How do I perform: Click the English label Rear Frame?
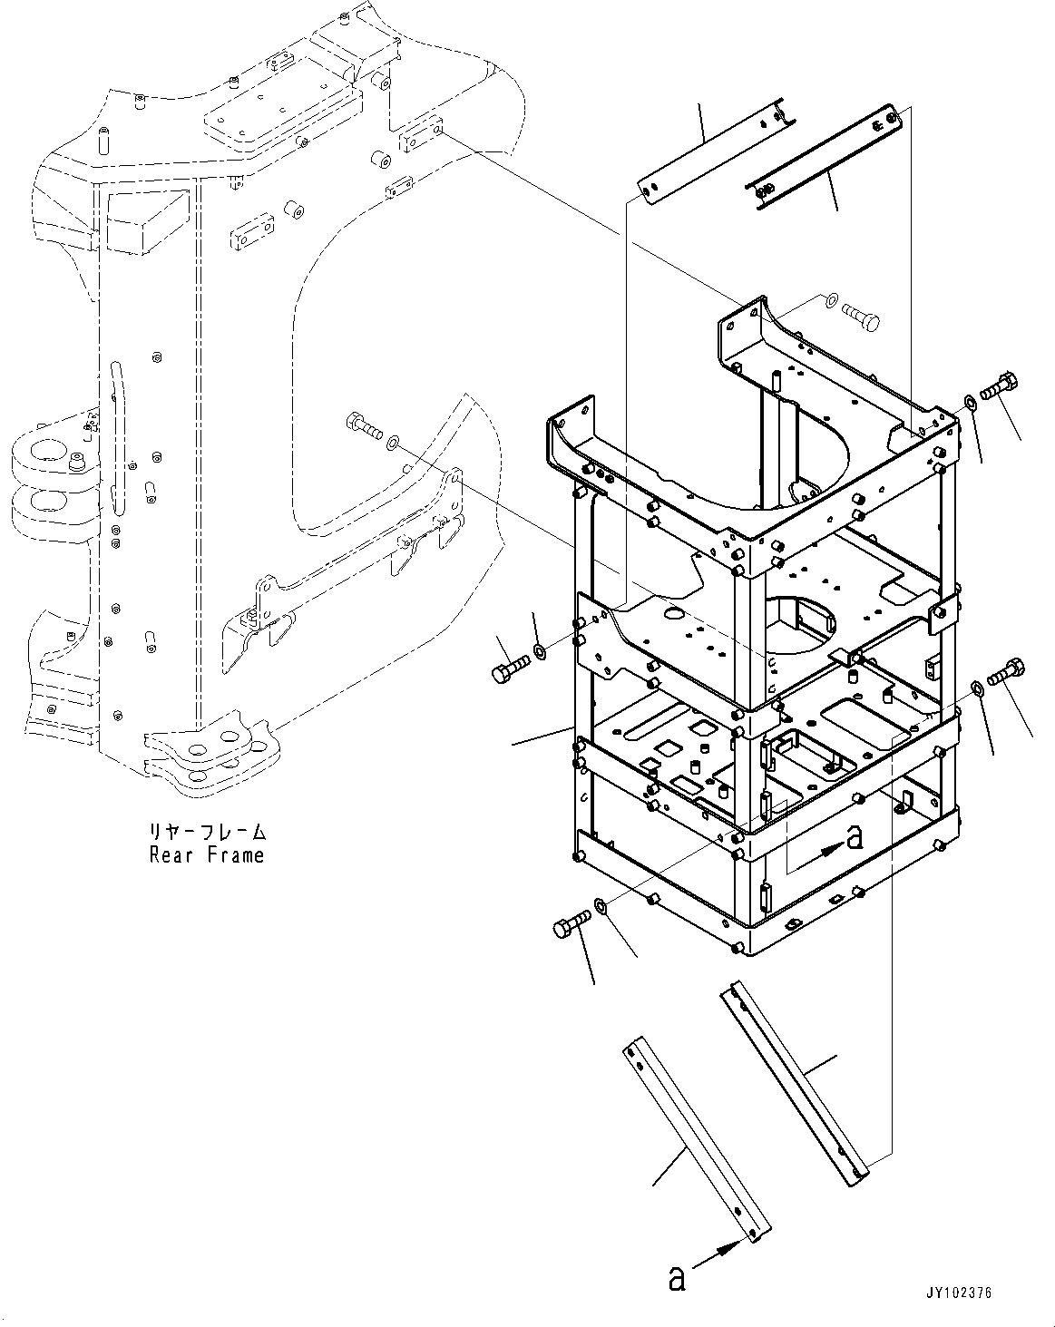[207, 854]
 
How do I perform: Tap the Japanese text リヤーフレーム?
[208, 832]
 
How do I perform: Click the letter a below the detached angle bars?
[676, 1279]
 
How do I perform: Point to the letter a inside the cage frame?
[853, 837]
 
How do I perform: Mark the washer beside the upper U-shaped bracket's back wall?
[831, 298]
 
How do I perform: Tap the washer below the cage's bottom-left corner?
[601, 905]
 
